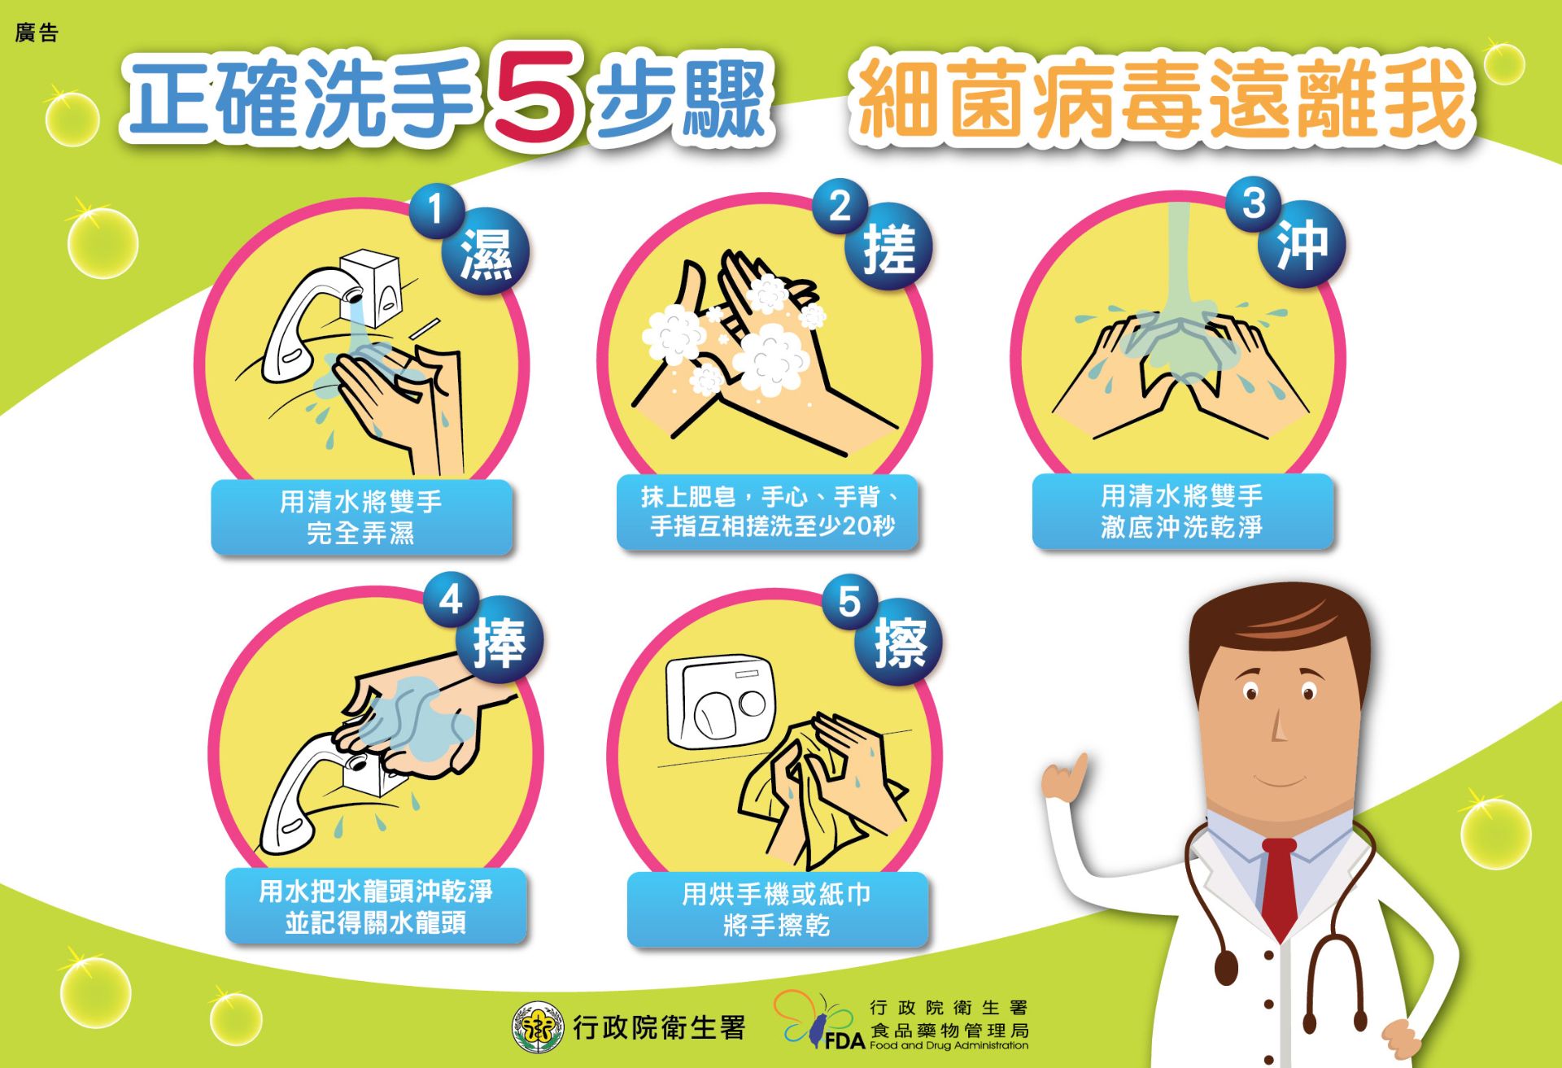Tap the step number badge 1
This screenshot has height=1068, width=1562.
pos(436,210)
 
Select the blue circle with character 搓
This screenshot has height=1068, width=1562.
pos(888,248)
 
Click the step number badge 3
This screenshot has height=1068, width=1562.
pos(1254,203)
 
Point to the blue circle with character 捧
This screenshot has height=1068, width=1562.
pos(499,642)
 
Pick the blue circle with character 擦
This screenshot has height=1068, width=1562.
pos(900,643)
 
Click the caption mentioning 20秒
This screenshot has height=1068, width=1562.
pos(768,512)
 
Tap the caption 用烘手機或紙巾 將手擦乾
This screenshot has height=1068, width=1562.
pos(777,909)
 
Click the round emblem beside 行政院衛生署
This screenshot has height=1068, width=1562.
pos(538,1027)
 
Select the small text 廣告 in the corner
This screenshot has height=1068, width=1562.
pos(37,33)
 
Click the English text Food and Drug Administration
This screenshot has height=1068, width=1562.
pos(949,1045)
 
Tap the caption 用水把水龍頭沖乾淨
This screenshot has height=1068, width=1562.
pos(376,891)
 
